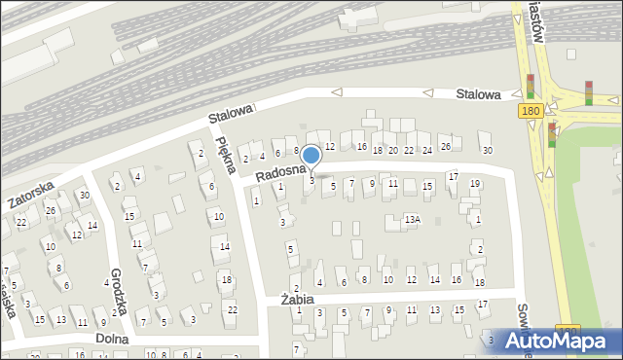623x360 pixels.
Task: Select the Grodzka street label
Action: point(119,289)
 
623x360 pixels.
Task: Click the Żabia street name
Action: point(297,300)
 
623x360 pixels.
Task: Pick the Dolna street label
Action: point(112,338)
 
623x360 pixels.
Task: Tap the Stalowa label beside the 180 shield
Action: point(479,94)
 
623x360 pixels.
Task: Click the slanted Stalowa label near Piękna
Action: point(230,115)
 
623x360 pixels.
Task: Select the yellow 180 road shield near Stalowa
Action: point(531,113)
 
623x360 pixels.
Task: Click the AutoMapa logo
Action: point(561,342)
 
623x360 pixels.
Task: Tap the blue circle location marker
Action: point(311,155)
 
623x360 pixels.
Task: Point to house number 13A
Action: point(413,220)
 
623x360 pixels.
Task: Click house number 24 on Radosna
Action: point(426,149)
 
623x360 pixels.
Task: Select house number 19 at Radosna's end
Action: point(475,183)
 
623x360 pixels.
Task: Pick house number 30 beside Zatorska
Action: point(85,195)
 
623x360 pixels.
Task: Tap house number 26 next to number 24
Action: point(446,146)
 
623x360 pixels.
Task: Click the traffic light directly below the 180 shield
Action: point(552,134)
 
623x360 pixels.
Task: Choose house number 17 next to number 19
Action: point(453,176)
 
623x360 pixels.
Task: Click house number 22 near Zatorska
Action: point(21,223)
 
